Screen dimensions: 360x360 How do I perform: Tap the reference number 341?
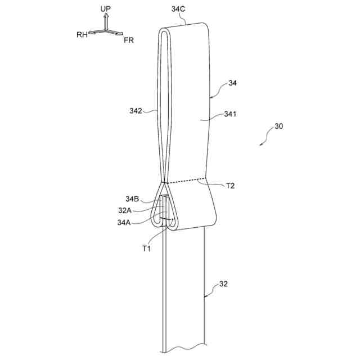click(x=230, y=114)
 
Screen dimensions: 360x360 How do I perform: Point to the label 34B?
click(x=133, y=199)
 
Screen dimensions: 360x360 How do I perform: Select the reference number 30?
click(x=278, y=127)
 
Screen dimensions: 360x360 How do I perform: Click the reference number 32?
click(x=223, y=284)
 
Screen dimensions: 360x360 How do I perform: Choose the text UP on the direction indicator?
click(x=105, y=10)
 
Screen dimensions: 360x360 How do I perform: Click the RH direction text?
click(x=82, y=34)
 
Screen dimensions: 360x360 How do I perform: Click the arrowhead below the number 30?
click(x=261, y=144)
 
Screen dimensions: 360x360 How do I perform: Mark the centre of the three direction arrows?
click(x=105, y=31)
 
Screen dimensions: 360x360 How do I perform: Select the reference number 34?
click(x=232, y=84)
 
